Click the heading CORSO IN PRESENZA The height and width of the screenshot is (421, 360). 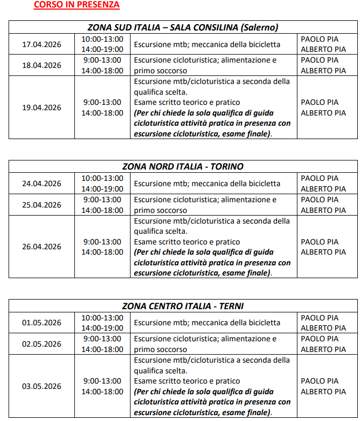point(76,5)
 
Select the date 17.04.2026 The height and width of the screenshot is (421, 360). point(42,44)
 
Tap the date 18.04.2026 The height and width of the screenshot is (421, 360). point(42,65)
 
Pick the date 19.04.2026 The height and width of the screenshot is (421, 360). point(42,108)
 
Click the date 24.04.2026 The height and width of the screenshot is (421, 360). point(42,183)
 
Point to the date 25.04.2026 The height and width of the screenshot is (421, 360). point(42,205)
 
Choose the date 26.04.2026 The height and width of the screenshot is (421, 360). point(42,247)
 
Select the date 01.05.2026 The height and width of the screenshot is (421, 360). point(42,323)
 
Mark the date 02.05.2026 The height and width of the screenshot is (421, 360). point(42,344)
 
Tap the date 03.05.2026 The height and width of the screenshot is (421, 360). point(42,386)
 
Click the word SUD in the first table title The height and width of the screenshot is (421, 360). point(117,27)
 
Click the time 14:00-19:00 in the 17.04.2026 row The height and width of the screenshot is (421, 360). point(102,49)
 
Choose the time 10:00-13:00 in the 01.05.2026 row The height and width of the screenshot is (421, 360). point(102,317)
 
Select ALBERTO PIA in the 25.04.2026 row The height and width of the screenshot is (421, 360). point(323,210)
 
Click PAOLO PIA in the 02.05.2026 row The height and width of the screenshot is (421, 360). point(319,339)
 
